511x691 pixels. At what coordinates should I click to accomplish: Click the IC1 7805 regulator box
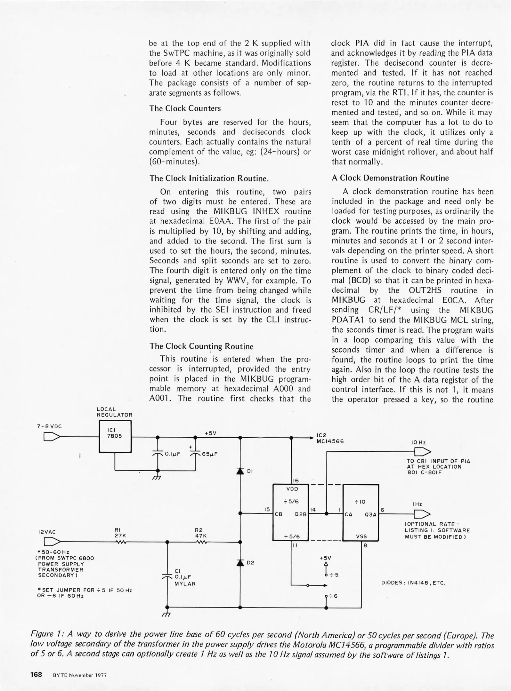(115, 436)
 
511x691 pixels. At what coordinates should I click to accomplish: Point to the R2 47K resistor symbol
(202, 542)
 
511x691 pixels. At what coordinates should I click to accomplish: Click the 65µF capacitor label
(210, 454)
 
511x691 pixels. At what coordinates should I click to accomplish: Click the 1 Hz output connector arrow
(422, 514)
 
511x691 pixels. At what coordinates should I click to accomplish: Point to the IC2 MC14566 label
(330, 438)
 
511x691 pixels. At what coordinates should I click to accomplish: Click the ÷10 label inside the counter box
(360, 502)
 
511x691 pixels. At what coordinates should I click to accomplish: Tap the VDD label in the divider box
(292, 489)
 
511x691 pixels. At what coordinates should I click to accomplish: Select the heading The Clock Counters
(185, 108)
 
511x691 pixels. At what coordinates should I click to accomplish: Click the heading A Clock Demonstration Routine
(390, 178)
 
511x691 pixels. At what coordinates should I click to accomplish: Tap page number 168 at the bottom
(36, 674)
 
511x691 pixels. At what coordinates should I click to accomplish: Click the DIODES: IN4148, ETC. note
(413, 583)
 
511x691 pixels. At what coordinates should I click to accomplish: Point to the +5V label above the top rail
(210, 433)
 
